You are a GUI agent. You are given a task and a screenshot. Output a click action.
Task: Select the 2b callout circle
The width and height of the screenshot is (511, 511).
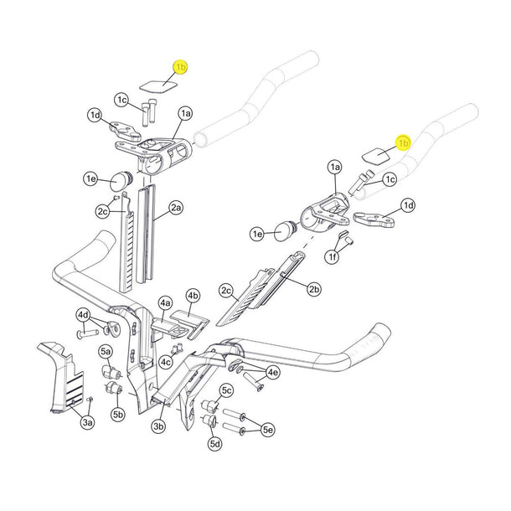pyautogui.click(x=314, y=290)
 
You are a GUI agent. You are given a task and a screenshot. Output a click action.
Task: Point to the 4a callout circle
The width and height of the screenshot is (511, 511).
pyautogui.click(x=165, y=302)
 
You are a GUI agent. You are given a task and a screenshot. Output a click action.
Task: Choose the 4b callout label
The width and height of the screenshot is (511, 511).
pyautogui.click(x=194, y=296)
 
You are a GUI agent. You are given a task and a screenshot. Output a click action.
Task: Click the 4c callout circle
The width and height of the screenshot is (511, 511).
pyautogui.click(x=167, y=362)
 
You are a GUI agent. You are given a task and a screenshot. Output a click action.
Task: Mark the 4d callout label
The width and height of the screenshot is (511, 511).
pyautogui.click(x=83, y=315)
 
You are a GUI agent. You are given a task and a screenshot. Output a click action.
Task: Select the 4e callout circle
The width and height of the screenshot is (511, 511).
pyautogui.click(x=272, y=372)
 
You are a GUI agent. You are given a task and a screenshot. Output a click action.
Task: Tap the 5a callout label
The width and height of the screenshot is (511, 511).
pyautogui.click(x=106, y=351)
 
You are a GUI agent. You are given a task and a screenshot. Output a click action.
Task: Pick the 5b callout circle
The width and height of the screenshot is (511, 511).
pyautogui.click(x=117, y=414)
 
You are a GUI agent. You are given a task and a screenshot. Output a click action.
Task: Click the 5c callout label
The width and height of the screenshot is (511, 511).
pyautogui.click(x=226, y=390)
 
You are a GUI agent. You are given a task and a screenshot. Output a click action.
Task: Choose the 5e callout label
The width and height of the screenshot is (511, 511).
pyautogui.click(x=268, y=430)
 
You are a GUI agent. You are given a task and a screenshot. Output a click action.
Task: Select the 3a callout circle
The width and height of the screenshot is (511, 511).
pyautogui.click(x=87, y=425)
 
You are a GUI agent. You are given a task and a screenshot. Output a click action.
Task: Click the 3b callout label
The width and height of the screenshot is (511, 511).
pyautogui.click(x=159, y=426)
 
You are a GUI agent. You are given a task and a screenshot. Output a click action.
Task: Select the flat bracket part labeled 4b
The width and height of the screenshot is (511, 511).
pyautogui.click(x=186, y=323)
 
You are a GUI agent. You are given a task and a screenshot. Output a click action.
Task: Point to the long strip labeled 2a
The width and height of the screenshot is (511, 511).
pyautogui.click(x=147, y=235)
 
